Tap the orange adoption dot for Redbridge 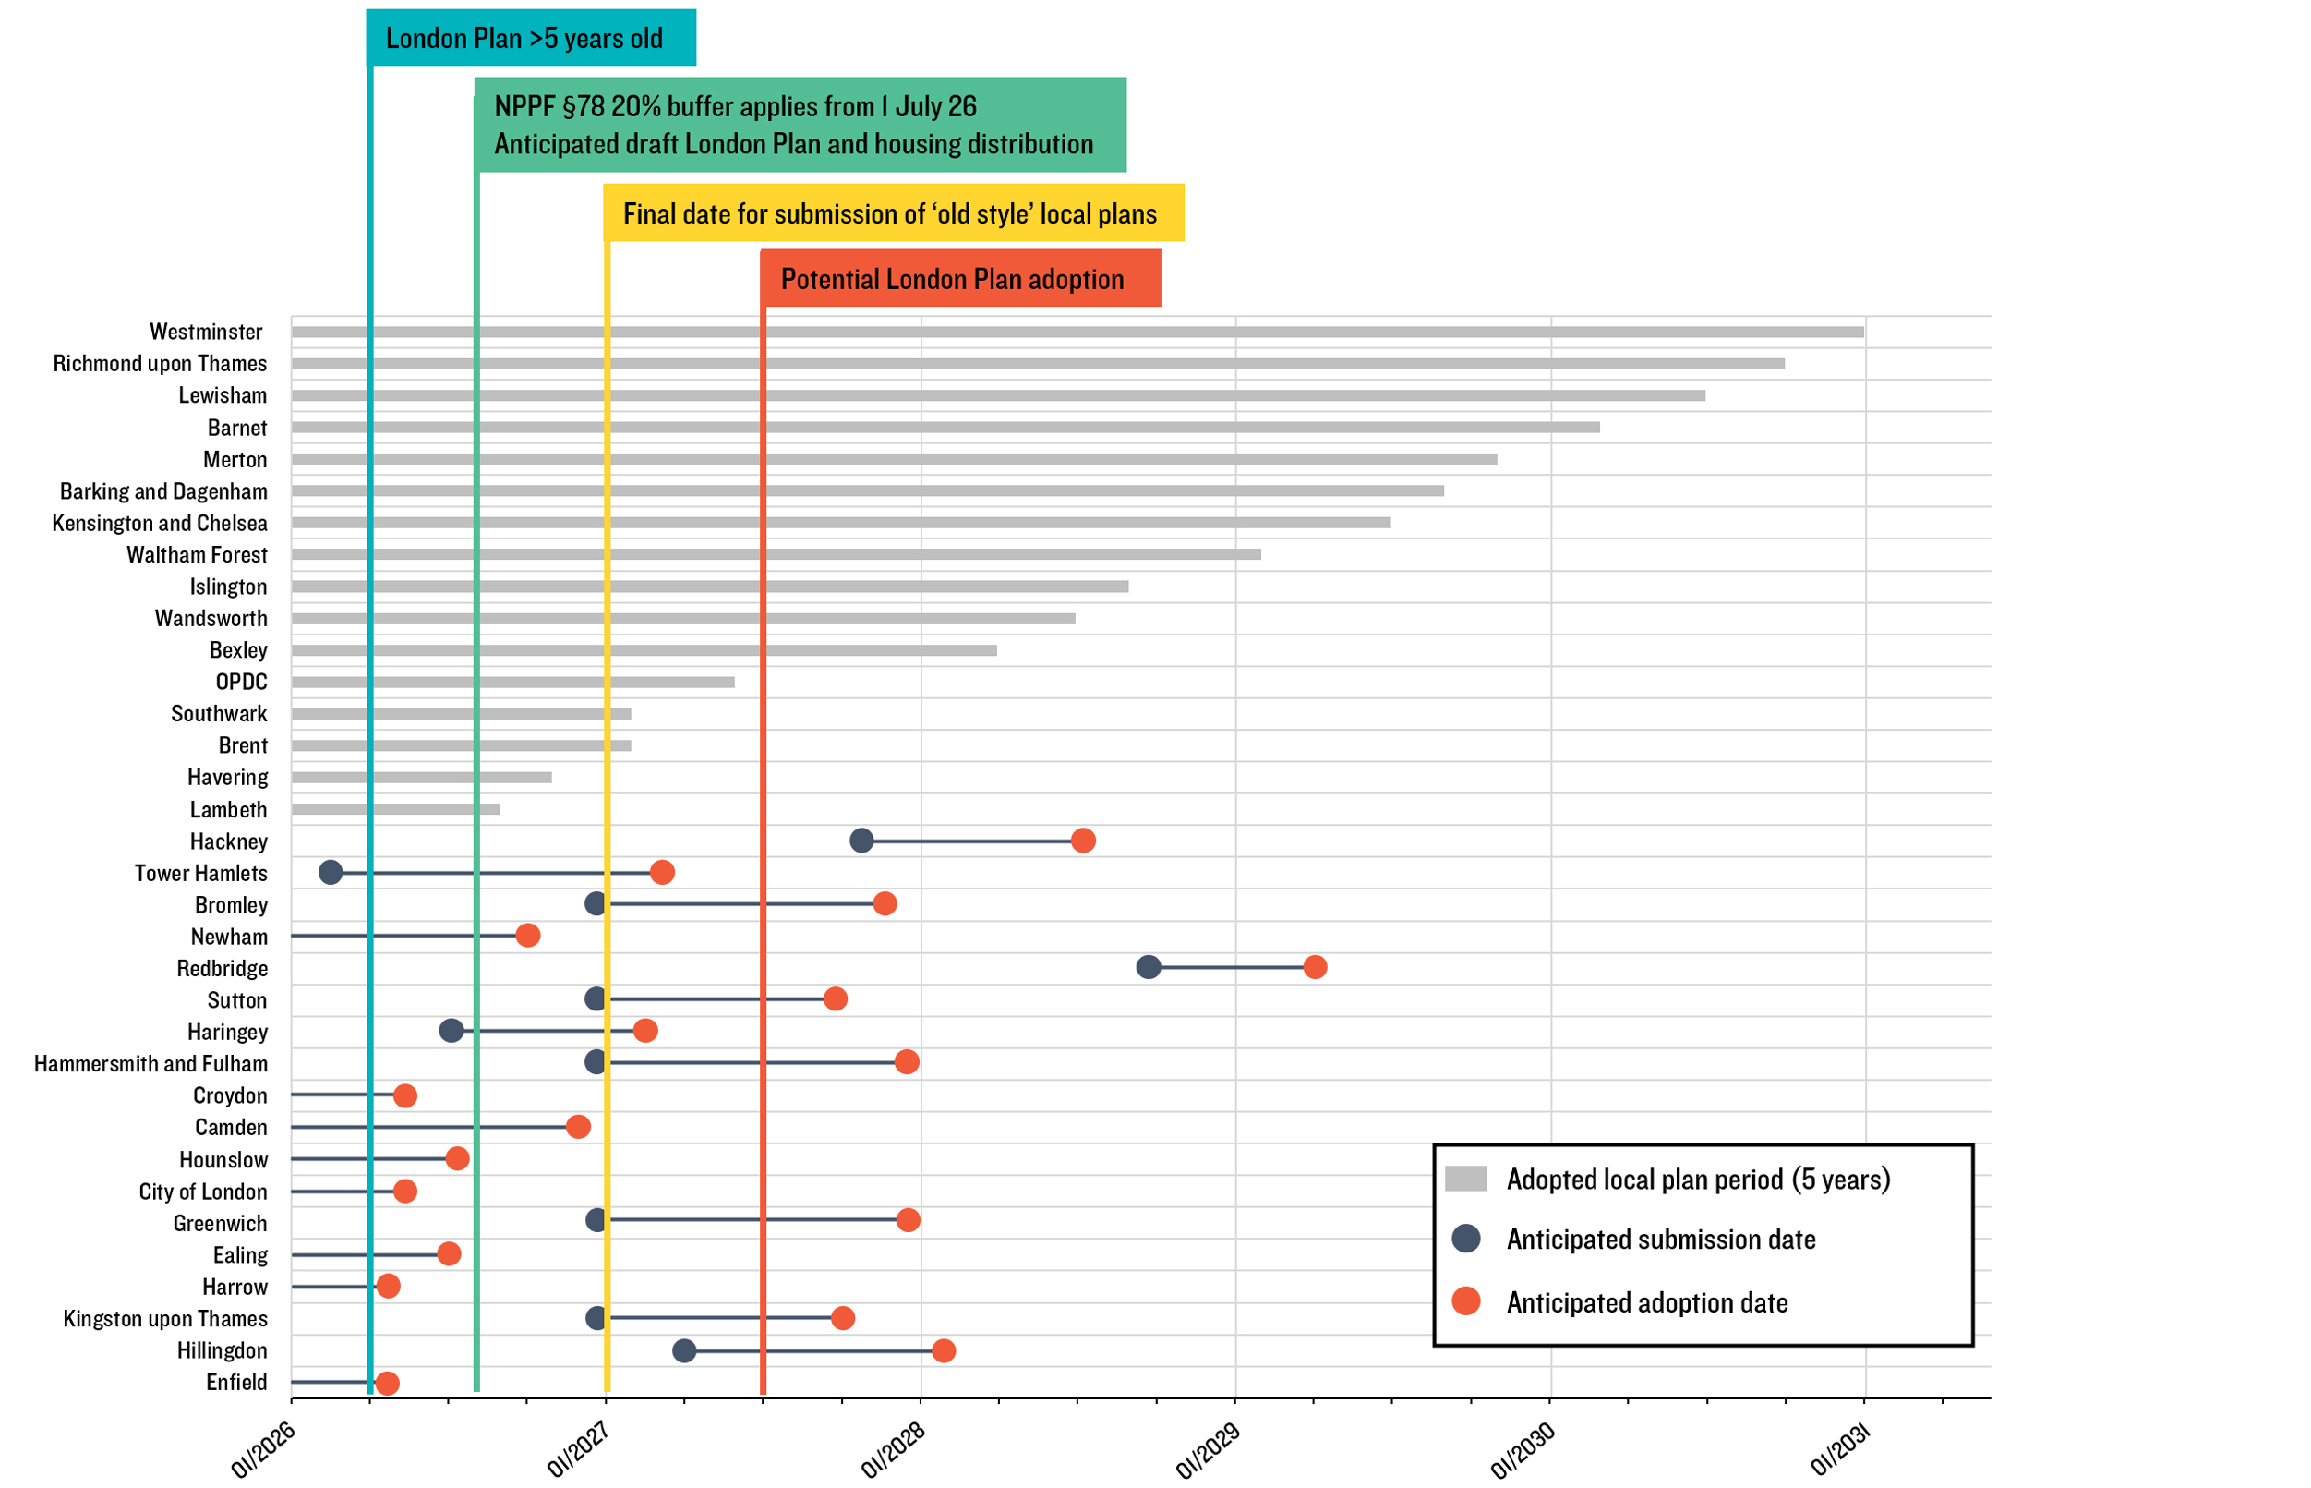(x=1315, y=967)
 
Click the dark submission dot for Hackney (x=861, y=841)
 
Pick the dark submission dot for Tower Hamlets (x=331, y=873)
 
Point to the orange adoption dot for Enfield (x=387, y=1383)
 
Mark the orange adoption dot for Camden (x=577, y=1127)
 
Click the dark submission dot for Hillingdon (x=684, y=1349)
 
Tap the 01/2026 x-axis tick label (x=264, y=1451)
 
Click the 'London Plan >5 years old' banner (x=530, y=39)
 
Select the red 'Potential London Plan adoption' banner (x=960, y=279)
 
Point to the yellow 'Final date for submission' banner (x=894, y=213)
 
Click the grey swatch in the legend (x=1465, y=1179)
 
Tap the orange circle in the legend (x=1466, y=1301)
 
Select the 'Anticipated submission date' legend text (x=1660, y=1240)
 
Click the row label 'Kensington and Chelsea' (x=160, y=523)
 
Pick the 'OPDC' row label (x=241, y=683)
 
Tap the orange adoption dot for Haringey (x=645, y=1031)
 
